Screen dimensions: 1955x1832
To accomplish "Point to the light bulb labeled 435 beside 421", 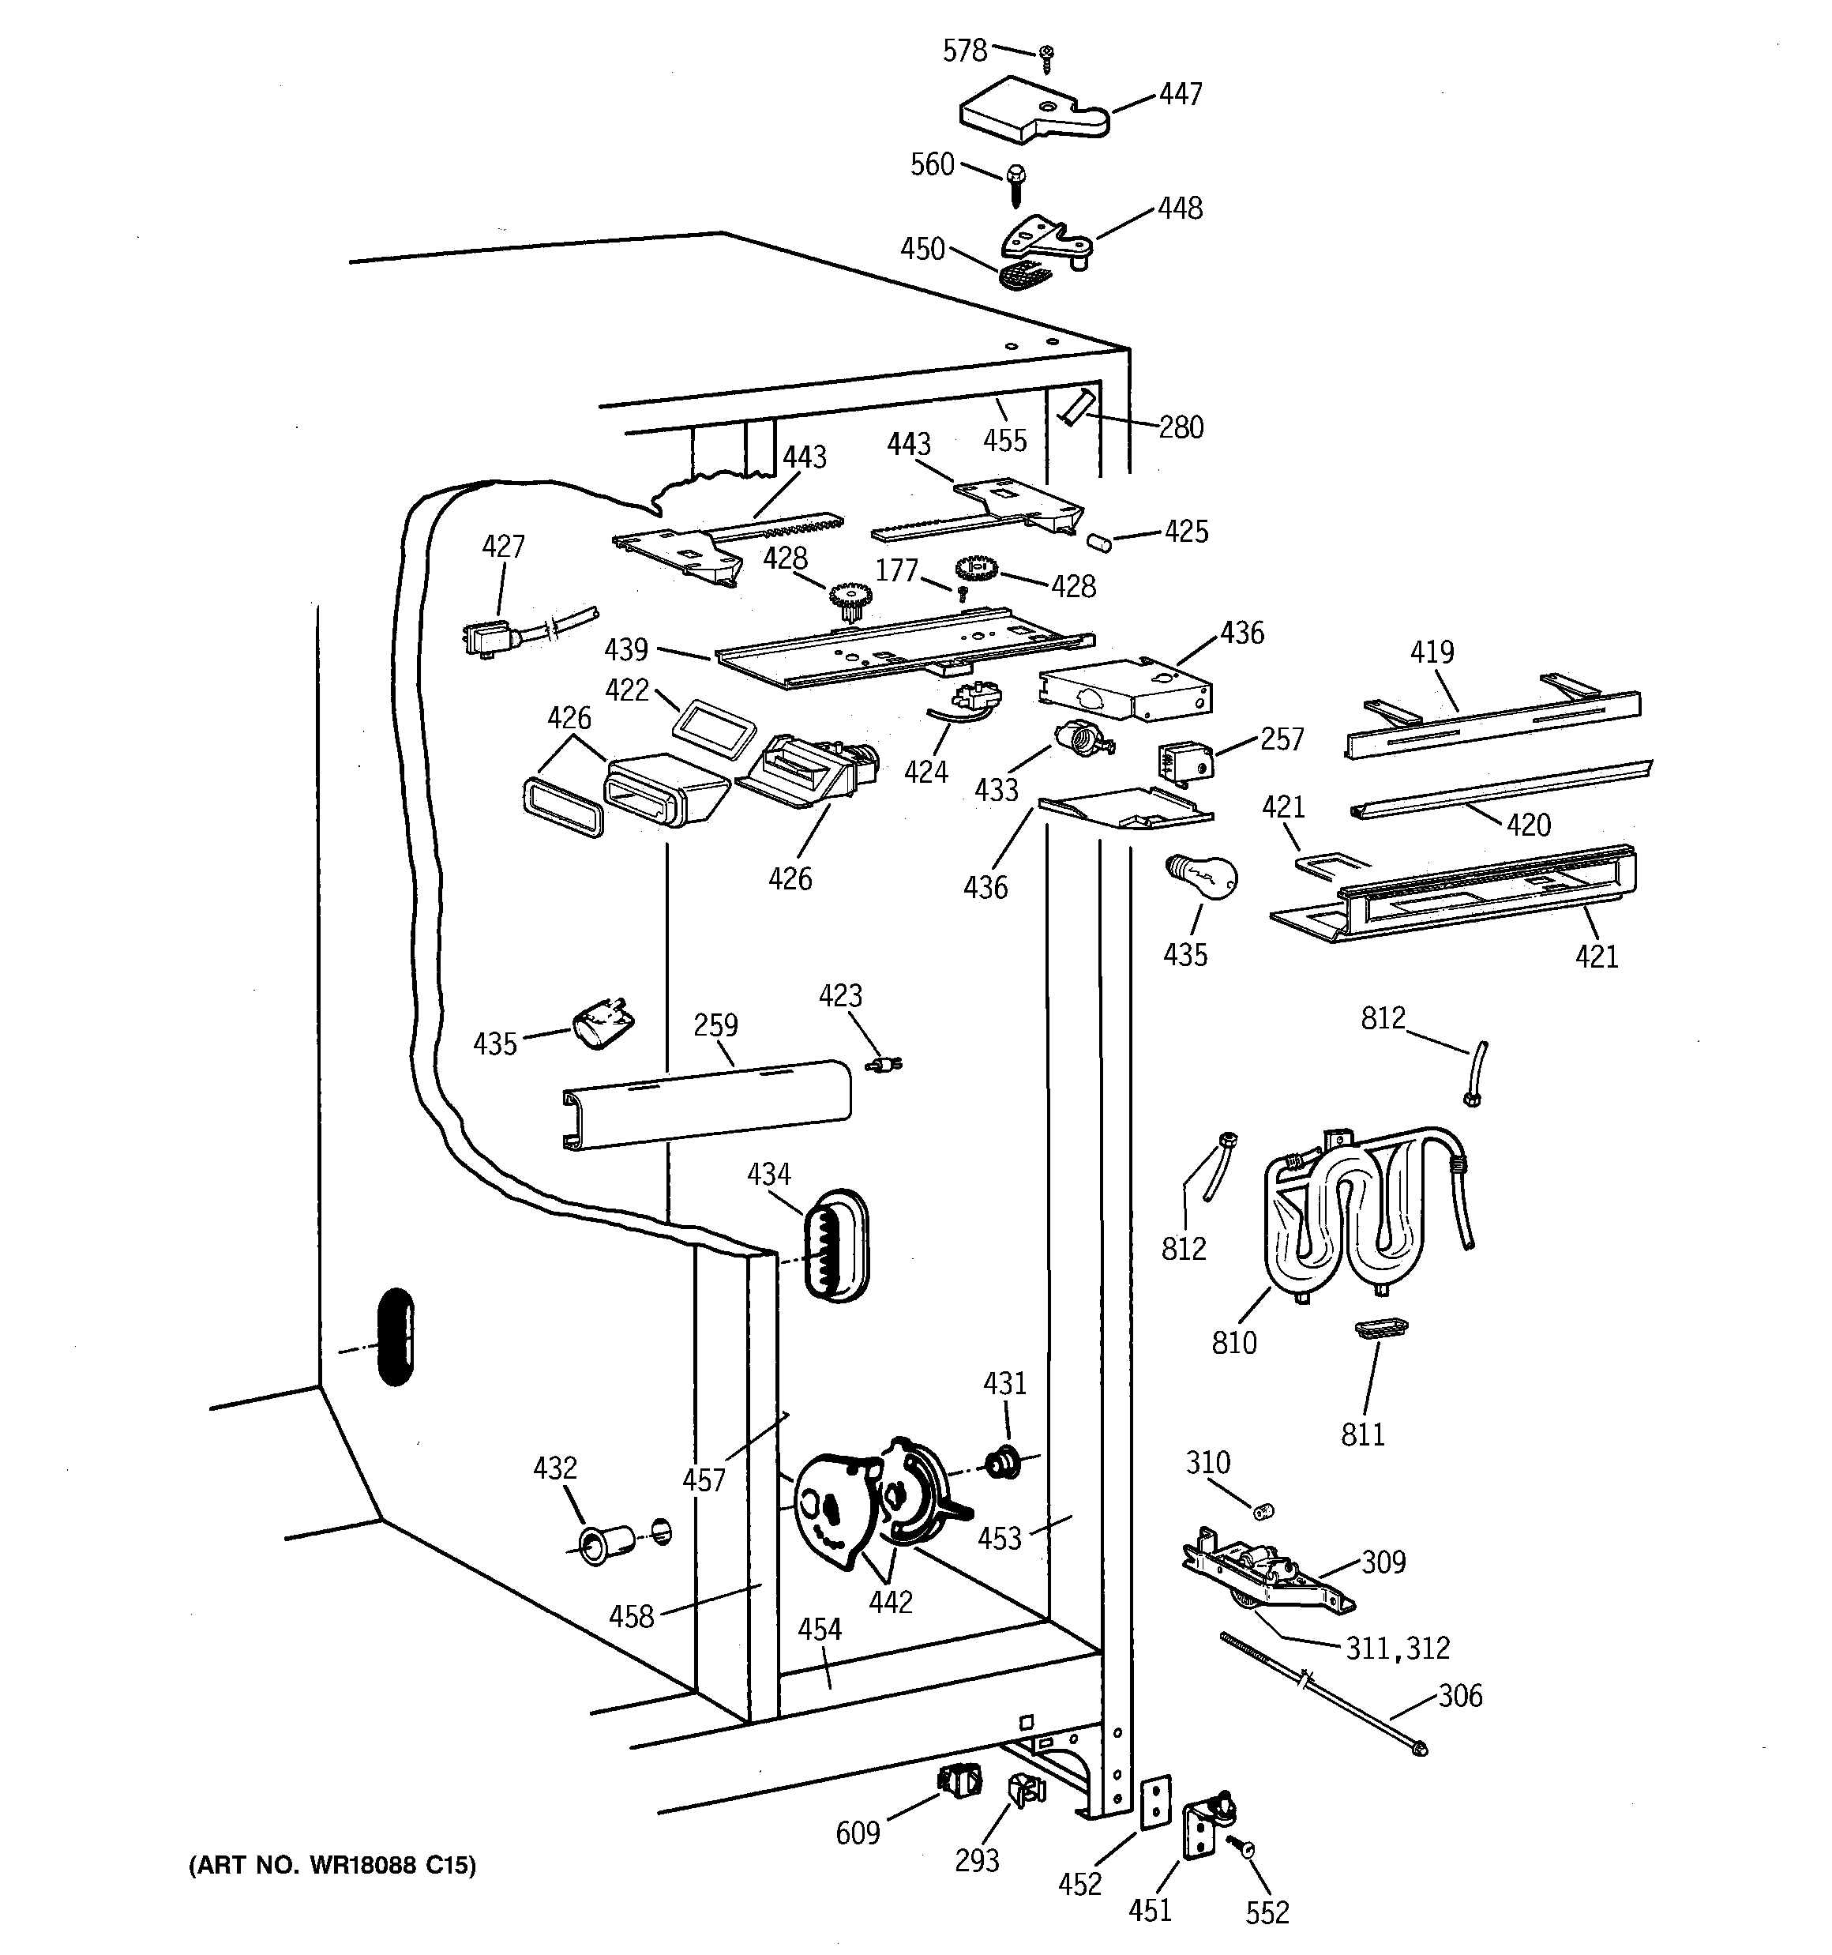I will point(1201,875).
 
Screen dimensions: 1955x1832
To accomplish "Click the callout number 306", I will point(1459,1694).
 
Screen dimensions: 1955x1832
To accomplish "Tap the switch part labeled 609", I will point(959,1780).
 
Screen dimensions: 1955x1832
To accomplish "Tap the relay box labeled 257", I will point(1186,760).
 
